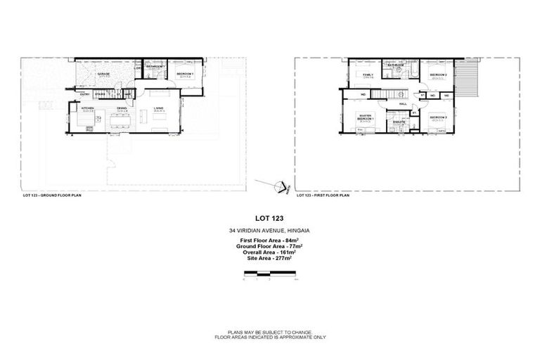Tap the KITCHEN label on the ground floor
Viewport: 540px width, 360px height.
[88, 108]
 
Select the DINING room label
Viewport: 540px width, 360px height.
[122, 108]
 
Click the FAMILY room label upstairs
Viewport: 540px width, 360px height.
[367, 74]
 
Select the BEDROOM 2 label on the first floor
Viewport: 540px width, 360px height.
[439, 75]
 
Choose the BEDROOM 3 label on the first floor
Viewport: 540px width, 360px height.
[439, 117]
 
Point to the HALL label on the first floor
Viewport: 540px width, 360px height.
[403, 103]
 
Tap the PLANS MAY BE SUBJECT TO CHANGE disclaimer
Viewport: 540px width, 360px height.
[270, 330]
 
